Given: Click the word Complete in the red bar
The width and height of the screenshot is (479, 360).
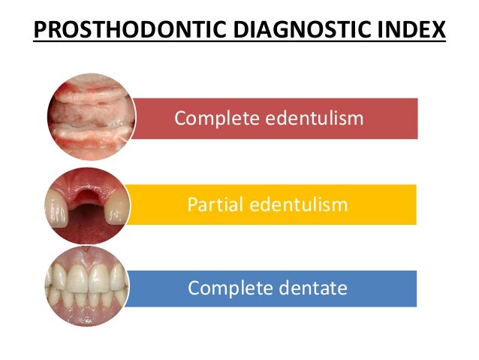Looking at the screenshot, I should coord(212,118).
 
